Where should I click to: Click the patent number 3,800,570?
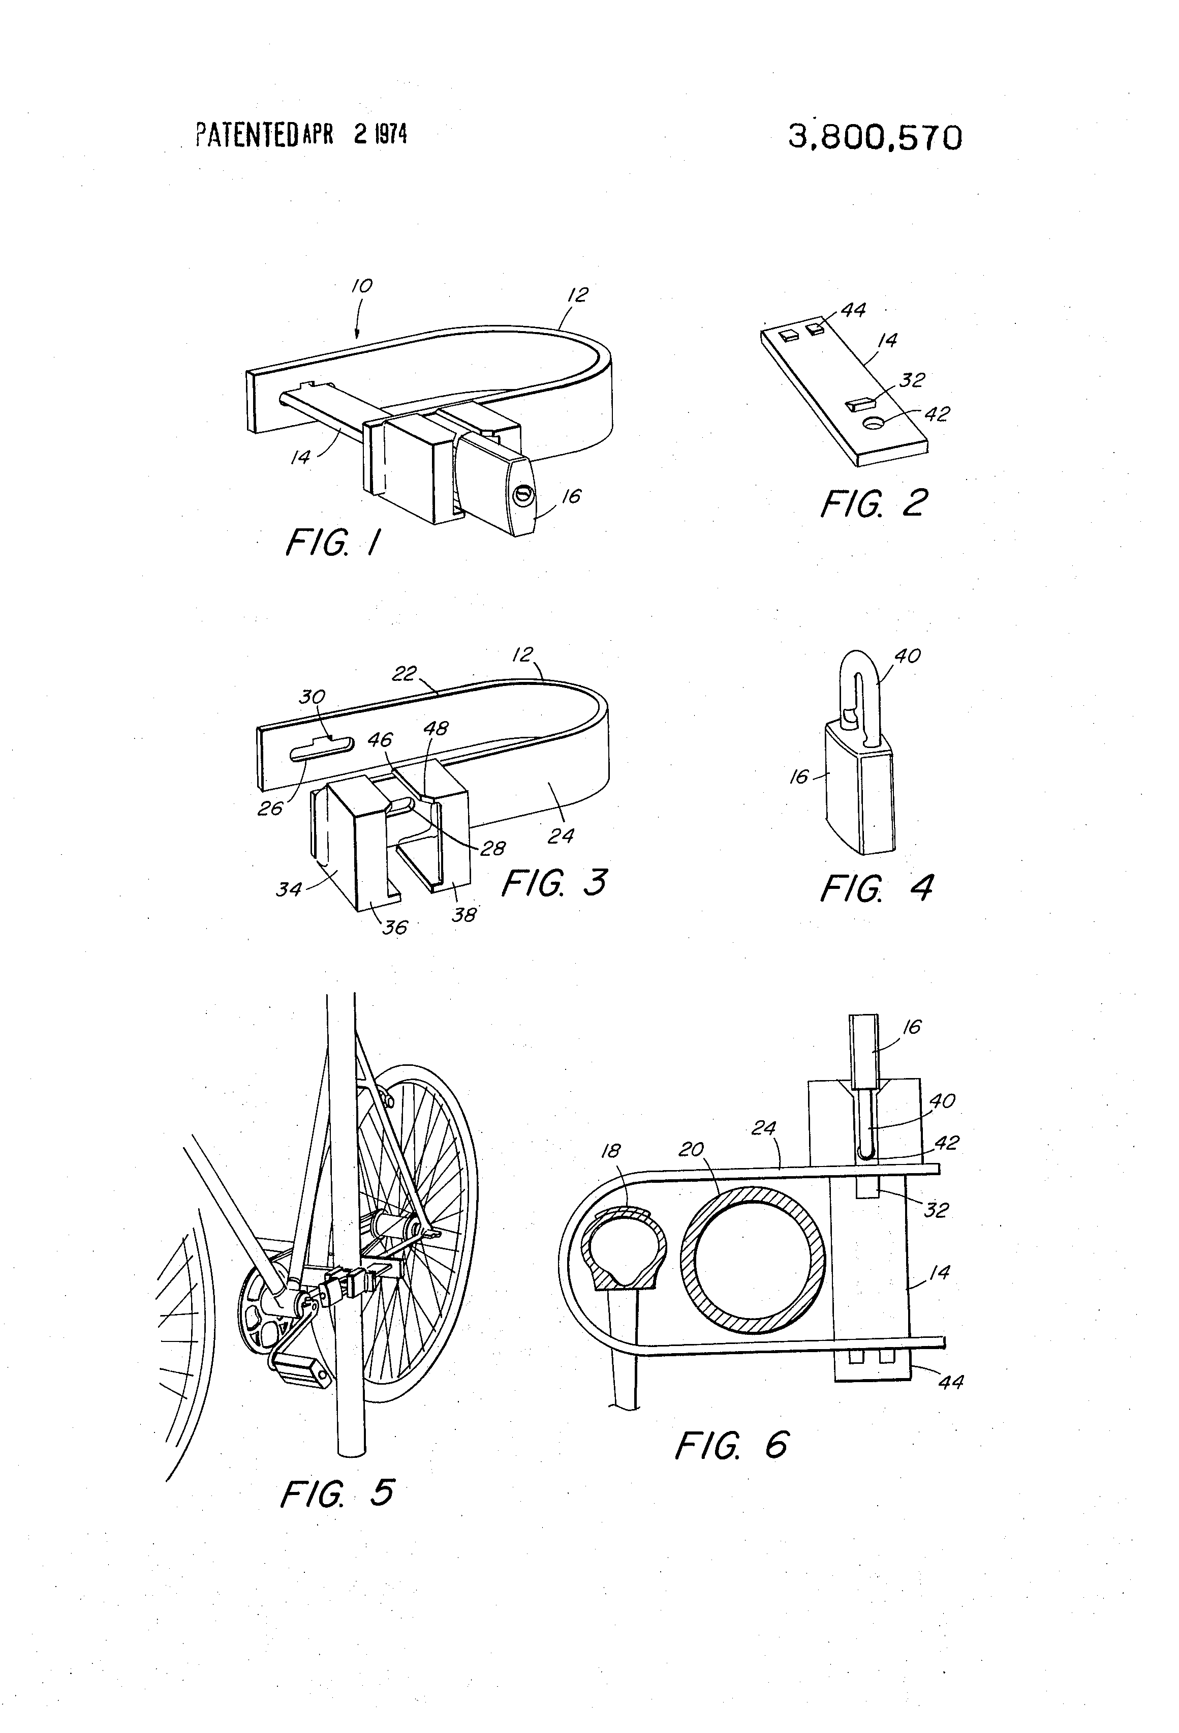pyautogui.click(x=874, y=138)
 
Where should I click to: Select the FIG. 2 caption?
pyautogui.click(x=874, y=503)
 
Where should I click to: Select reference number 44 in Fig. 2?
pyautogui.click(x=853, y=310)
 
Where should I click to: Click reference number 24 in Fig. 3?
pyautogui.click(x=561, y=836)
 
